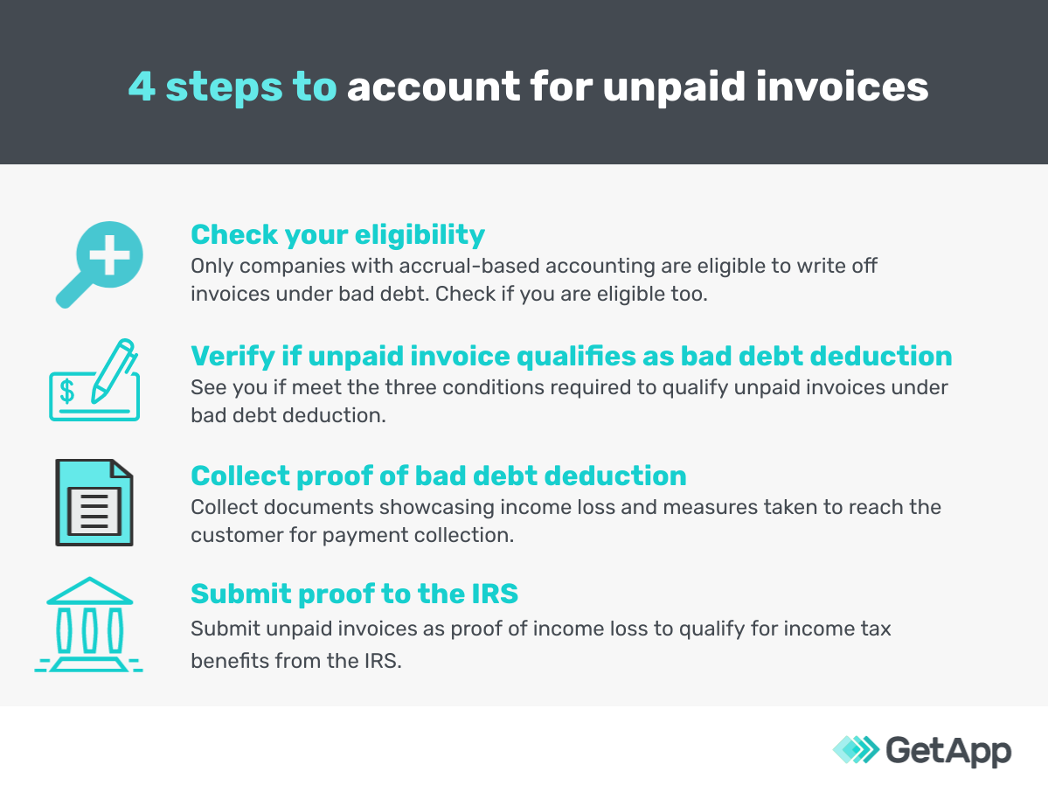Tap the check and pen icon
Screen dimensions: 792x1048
[x=93, y=381]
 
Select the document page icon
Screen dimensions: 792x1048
[x=94, y=503]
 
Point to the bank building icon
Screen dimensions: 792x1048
[x=89, y=624]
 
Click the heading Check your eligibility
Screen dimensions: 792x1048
[x=337, y=234]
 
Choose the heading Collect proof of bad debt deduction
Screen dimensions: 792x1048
[x=438, y=476]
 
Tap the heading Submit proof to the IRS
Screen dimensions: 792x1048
[x=354, y=594]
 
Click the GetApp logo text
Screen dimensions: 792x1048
[x=948, y=750]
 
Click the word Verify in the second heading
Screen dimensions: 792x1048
[x=230, y=356]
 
